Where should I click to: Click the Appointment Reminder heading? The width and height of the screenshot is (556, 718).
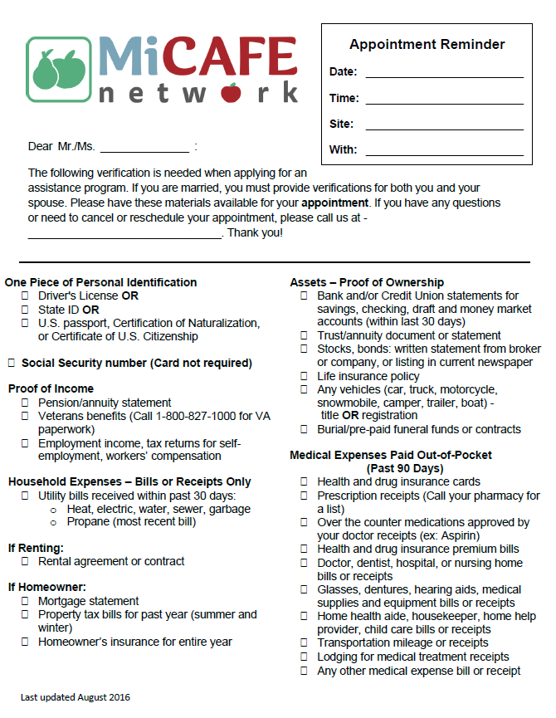tap(427, 45)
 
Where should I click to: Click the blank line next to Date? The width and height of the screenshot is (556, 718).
tap(444, 74)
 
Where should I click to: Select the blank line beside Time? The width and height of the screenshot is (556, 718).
tap(444, 100)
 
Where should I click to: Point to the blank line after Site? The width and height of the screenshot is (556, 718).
tap(444, 126)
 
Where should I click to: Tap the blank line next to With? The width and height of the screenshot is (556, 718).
tap(444, 152)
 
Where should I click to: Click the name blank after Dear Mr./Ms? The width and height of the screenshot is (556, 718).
tap(144, 149)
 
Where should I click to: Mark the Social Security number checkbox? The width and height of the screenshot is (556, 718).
tap(11, 363)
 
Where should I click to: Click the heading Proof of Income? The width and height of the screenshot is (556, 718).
tap(51, 388)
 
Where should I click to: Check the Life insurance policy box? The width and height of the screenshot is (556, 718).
tap(304, 376)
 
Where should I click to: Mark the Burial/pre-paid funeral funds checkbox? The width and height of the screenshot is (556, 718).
tap(304, 430)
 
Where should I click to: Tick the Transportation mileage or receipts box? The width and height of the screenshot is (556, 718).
tap(304, 642)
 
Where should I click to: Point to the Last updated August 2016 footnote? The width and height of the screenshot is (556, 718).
tap(76, 697)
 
